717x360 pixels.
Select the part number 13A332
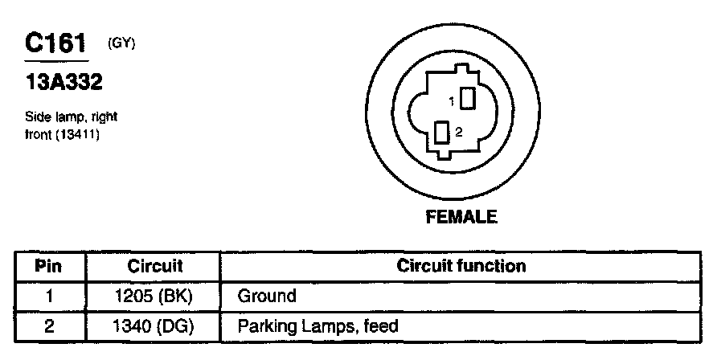point(64,83)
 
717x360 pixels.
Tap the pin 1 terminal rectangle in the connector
point(467,99)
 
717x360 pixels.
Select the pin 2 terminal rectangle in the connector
point(441,133)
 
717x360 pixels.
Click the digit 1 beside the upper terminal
point(453,101)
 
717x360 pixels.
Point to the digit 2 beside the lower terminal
point(458,133)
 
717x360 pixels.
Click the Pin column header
point(49,266)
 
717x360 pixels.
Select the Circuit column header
point(154,266)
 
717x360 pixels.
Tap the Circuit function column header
point(461,266)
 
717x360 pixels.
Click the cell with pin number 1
point(49,296)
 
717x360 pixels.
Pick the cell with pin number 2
point(49,326)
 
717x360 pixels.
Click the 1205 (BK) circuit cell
point(154,296)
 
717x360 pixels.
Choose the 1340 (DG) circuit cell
point(154,326)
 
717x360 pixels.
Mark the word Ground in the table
point(267,296)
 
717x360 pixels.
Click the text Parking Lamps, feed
point(318,326)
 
